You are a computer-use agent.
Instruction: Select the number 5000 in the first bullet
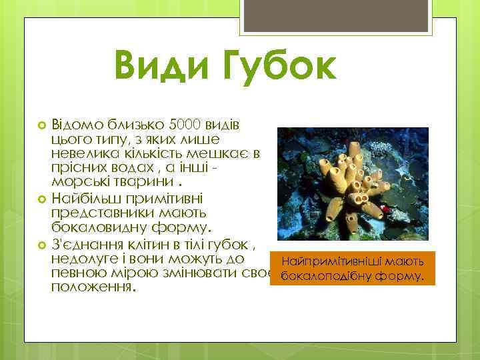(185, 125)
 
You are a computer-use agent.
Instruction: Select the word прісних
(77, 169)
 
